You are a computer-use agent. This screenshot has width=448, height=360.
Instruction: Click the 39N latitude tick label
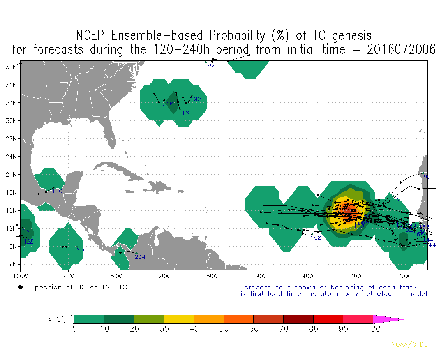(12, 67)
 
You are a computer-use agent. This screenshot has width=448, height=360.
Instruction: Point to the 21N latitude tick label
(12, 174)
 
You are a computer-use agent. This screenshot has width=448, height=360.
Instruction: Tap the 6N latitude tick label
(13, 264)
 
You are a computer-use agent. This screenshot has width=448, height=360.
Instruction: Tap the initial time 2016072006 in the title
(401, 49)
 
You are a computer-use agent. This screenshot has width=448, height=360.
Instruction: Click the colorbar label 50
(224, 328)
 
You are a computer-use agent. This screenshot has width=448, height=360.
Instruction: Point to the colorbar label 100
(373, 328)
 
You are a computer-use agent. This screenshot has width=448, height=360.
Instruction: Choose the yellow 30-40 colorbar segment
(179, 319)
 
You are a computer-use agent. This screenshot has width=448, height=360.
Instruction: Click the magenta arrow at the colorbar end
(388, 319)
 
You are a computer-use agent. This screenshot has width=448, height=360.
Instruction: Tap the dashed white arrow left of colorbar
(60, 319)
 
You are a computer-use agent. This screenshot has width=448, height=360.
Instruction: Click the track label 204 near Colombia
(140, 257)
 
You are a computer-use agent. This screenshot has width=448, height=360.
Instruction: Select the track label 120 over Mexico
(57, 191)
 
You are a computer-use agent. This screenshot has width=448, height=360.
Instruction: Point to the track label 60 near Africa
(427, 177)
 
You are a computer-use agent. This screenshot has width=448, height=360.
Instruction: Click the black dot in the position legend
(20, 288)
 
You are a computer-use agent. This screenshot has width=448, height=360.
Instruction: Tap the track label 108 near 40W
(316, 238)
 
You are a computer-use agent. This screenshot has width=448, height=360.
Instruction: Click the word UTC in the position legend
(119, 288)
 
